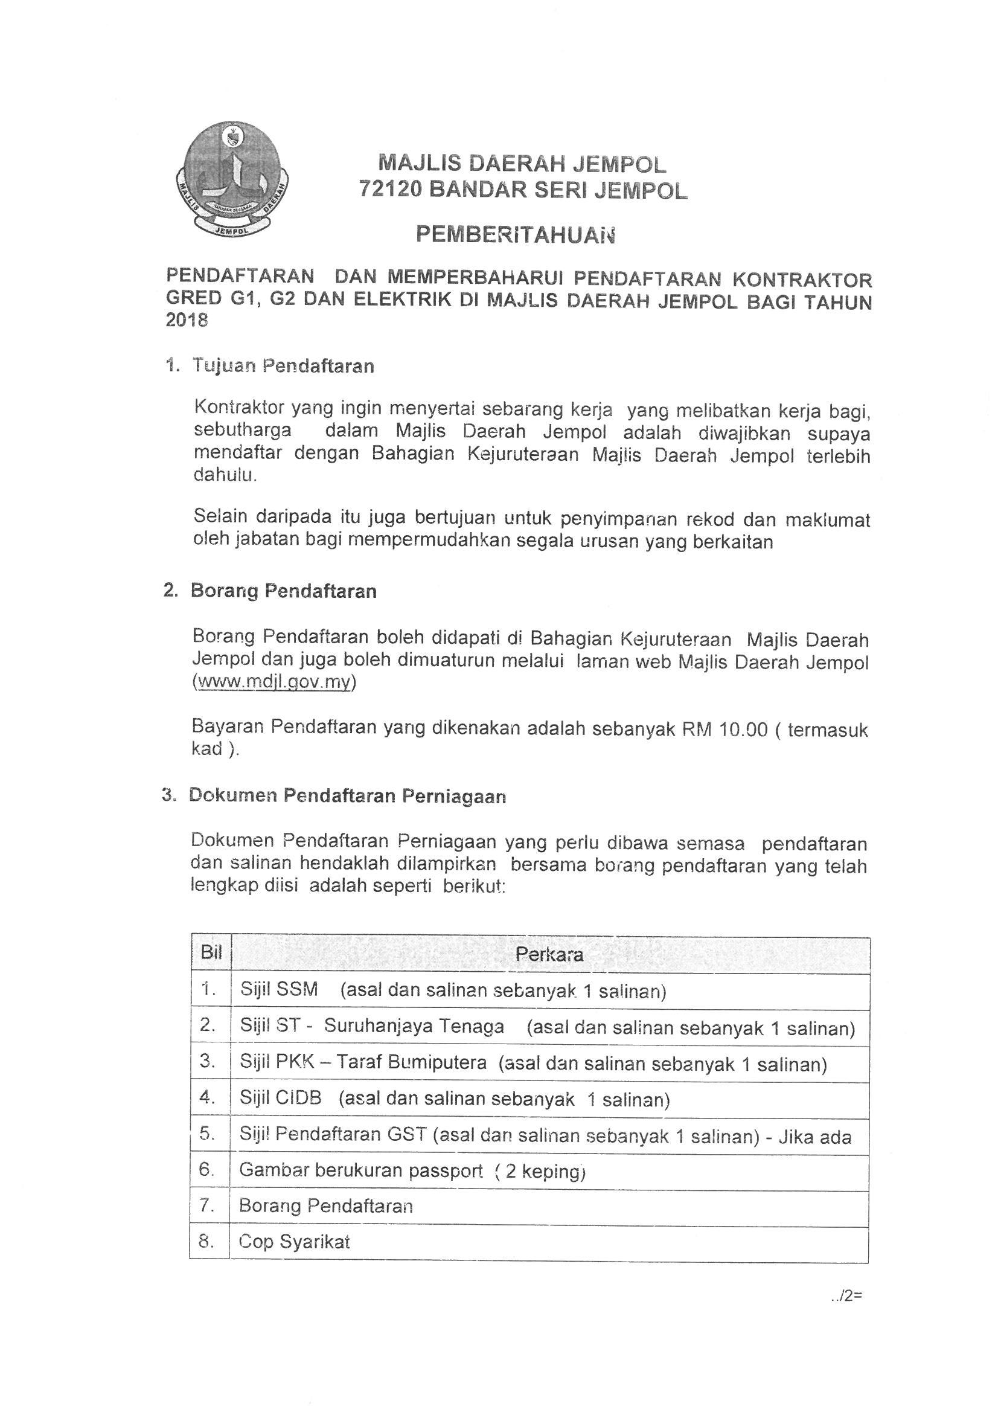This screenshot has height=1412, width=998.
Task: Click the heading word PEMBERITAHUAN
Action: pos(515,235)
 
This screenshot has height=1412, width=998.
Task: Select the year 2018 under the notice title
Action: pos(187,321)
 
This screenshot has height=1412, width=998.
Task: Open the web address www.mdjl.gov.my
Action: pos(273,683)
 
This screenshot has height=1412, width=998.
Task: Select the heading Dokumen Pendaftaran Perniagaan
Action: pos(347,796)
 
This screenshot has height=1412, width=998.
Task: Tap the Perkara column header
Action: pos(549,954)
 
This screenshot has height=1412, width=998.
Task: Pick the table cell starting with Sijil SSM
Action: pos(453,990)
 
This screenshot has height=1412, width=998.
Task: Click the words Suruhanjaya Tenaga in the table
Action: pos(414,1026)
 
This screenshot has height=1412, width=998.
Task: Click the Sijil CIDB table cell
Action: pos(454,1099)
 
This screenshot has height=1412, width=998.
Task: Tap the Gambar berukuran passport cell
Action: pos(411,1171)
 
